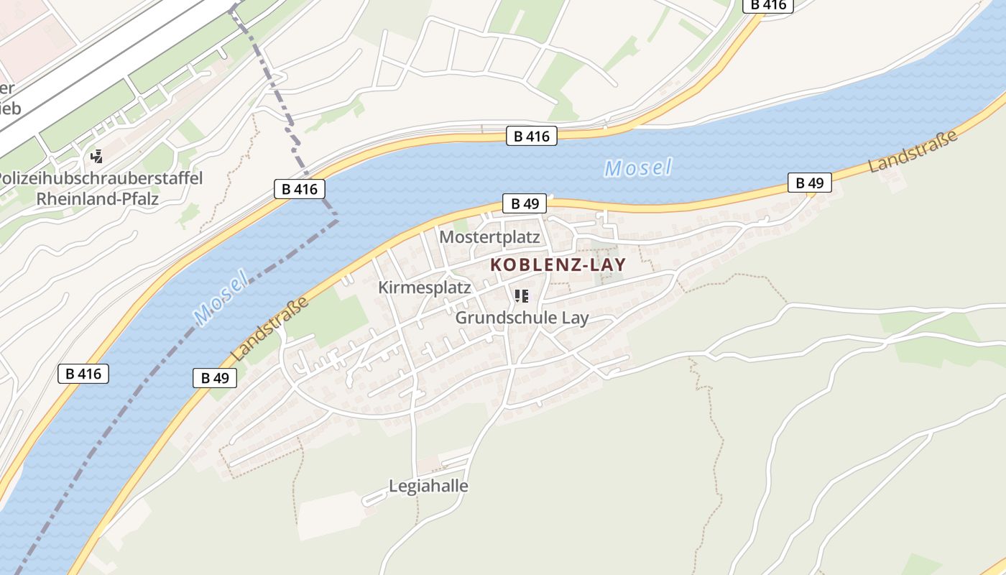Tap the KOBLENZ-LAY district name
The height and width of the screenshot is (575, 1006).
click(x=558, y=264)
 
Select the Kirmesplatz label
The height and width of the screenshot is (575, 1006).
click(x=424, y=287)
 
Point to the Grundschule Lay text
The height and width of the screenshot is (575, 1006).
click(x=522, y=318)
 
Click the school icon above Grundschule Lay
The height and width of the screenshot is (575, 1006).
click(x=522, y=295)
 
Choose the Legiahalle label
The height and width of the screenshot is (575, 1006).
click(x=428, y=486)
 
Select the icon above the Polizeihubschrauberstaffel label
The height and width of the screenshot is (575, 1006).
click(x=96, y=156)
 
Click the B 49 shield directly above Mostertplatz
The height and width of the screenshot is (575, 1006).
click(x=525, y=203)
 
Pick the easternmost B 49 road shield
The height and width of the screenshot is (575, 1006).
click(x=809, y=183)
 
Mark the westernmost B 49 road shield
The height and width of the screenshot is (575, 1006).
click(x=214, y=377)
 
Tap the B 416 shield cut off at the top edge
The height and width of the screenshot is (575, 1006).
click(x=767, y=5)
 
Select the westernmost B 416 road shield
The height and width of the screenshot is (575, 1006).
click(x=83, y=373)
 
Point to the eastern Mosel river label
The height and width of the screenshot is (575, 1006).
click(x=638, y=168)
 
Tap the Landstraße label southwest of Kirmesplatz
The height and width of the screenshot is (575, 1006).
click(x=270, y=329)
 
